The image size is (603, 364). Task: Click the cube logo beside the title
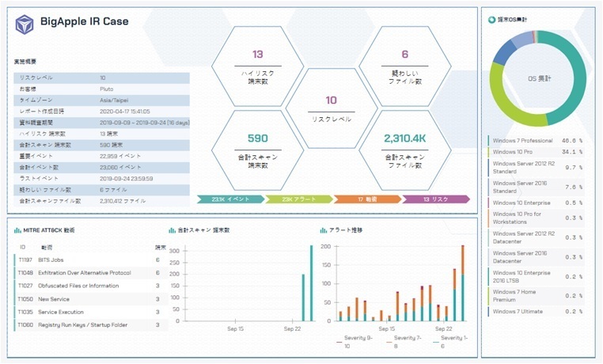click(25, 23)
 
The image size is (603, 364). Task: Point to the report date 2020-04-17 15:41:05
click(124, 112)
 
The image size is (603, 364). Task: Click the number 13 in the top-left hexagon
click(258, 55)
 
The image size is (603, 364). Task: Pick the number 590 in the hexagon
click(258, 138)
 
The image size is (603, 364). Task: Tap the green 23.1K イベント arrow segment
click(229, 199)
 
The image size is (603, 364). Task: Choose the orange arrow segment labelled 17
click(366, 199)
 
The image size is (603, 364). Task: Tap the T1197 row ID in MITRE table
click(25, 260)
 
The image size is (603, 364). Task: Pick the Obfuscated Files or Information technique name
click(78, 286)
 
